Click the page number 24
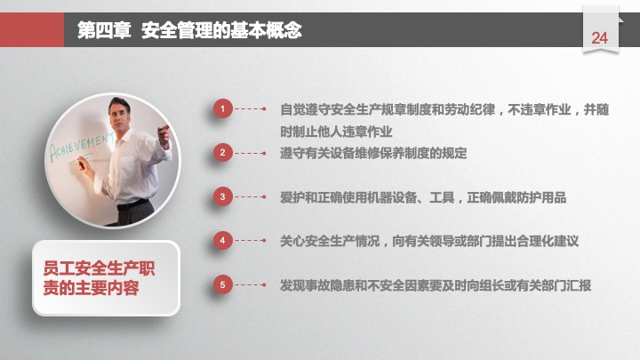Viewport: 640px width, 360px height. [x=600, y=38]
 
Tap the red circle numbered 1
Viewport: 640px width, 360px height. [x=222, y=108]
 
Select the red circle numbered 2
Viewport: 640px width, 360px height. [x=222, y=153]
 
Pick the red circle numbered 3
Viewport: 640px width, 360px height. [x=222, y=196]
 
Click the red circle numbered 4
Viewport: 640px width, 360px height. [x=222, y=240]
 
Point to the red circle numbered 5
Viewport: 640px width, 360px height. [x=222, y=284]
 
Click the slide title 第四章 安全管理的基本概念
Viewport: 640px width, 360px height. [x=189, y=30]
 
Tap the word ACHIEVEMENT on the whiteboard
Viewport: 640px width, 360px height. [x=82, y=148]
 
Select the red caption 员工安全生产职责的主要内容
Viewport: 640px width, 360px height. [x=99, y=278]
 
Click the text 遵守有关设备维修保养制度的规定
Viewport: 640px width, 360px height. [x=373, y=154]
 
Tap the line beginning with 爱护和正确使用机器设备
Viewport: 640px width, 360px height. [x=423, y=197]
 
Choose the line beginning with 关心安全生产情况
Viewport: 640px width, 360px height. [x=429, y=241]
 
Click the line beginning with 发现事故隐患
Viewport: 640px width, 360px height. [x=436, y=285]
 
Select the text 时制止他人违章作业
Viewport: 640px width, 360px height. [x=336, y=132]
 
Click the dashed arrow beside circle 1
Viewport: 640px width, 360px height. [x=251, y=108]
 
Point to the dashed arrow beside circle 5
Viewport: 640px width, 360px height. [x=251, y=284]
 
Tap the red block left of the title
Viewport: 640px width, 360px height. [x=32, y=30]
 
